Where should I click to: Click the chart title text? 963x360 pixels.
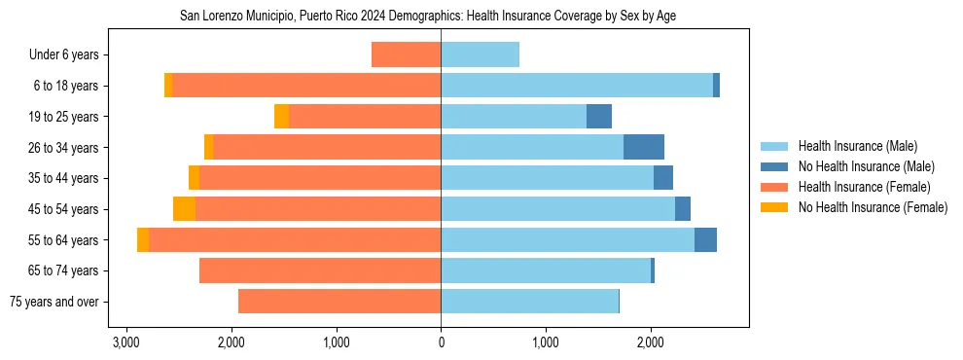[x=428, y=17]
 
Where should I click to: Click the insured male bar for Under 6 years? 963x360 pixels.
[x=480, y=54]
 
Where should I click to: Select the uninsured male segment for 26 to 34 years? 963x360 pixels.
[x=644, y=147]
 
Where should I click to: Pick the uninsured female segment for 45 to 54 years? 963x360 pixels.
[x=184, y=209]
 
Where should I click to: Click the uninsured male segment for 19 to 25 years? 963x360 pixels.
[x=599, y=117]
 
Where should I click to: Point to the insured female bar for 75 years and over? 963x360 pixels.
[x=339, y=302]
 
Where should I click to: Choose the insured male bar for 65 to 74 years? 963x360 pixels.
[x=546, y=270]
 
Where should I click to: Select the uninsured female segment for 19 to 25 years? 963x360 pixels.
[x=282, y=117]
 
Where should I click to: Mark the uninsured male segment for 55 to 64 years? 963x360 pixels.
[x=705, y=239]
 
